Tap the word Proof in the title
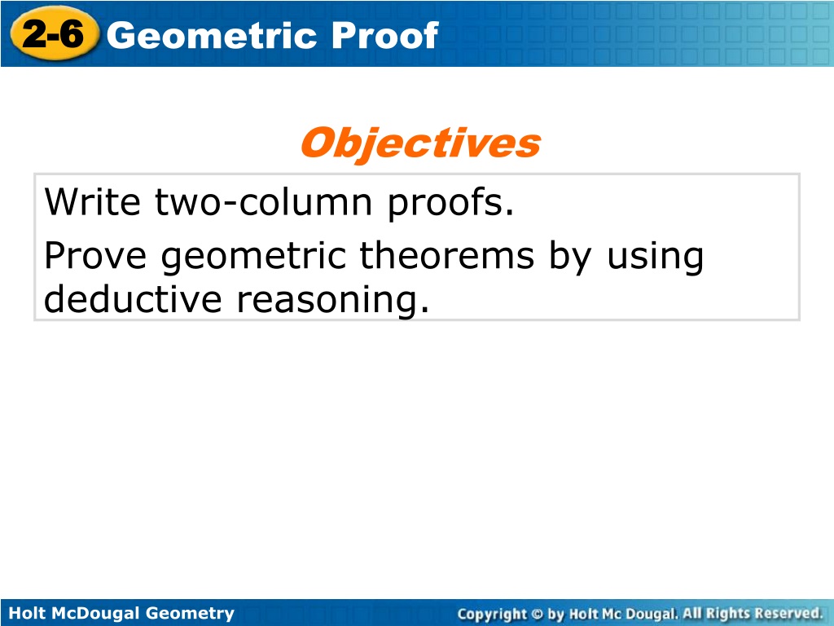click(385, 36)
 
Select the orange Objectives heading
click(420, 143)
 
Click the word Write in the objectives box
click(93, 202)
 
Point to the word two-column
click(264, 202)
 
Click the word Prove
click(95, 255)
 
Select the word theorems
click(447, 255)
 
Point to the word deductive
click(133, 298)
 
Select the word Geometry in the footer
click(190, 614)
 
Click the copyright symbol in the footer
click(538, 614)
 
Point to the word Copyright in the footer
click(492, 615)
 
